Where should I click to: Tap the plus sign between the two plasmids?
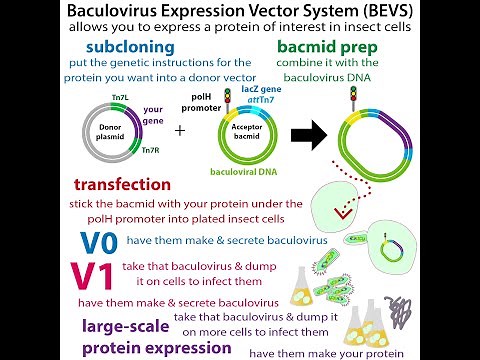tap(180, 131)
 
